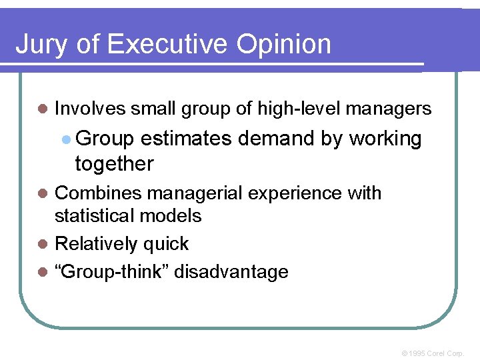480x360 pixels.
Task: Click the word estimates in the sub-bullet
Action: click(x=186, y=139)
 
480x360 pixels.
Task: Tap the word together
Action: click(x=114, y=163)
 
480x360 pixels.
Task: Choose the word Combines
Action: click(x=99, y=193)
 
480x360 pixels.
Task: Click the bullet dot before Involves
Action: click(x=44, y=109)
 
